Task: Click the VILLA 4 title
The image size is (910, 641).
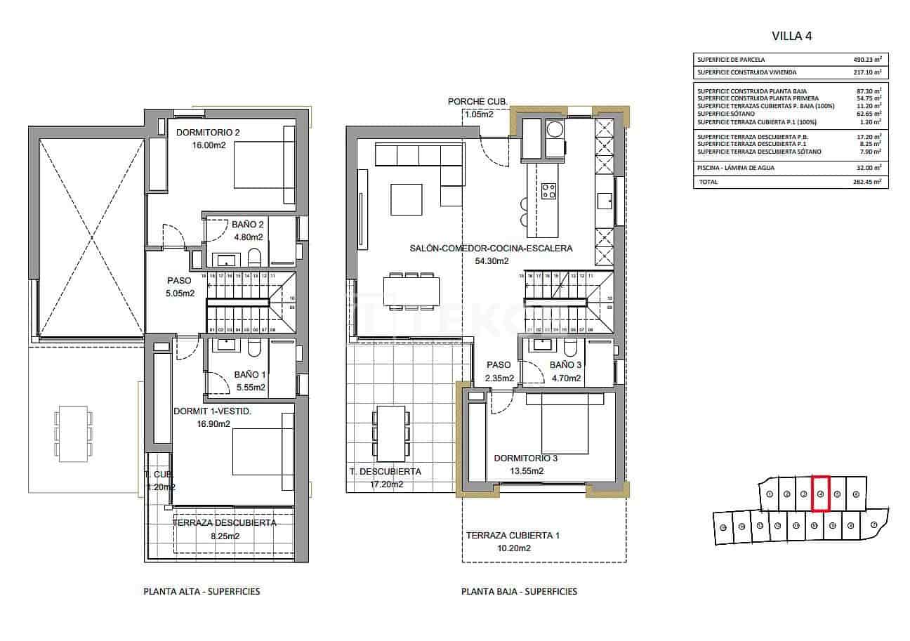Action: pos(791,36)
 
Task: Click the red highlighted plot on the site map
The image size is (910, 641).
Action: pos(820,492)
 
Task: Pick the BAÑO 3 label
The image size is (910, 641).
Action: pos(565,365)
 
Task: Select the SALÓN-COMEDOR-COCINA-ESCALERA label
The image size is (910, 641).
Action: pos(491,248)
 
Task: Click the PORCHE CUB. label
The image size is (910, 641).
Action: pos(477,102)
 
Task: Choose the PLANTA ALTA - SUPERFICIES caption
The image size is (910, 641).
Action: pos(201,591)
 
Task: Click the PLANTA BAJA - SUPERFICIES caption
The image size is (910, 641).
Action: pos(519,591)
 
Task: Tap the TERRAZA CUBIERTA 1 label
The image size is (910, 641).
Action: pos(513,536)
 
